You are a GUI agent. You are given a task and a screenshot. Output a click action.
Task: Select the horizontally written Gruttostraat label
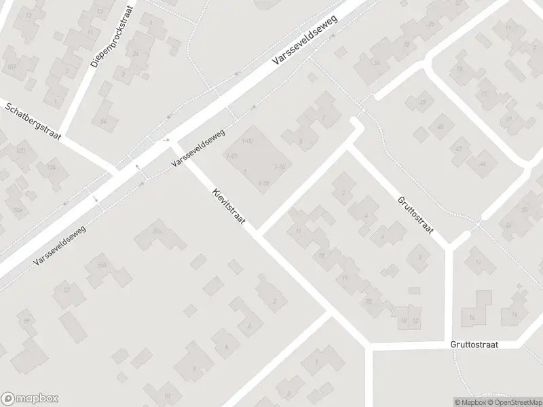[474, 345]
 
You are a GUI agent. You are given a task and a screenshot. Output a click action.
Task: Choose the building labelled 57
[67, 290]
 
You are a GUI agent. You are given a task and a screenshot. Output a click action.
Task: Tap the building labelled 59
[27, 321]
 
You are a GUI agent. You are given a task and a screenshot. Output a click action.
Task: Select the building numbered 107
[12, 66]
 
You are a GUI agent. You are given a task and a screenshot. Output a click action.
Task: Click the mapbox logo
[29, 399]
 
